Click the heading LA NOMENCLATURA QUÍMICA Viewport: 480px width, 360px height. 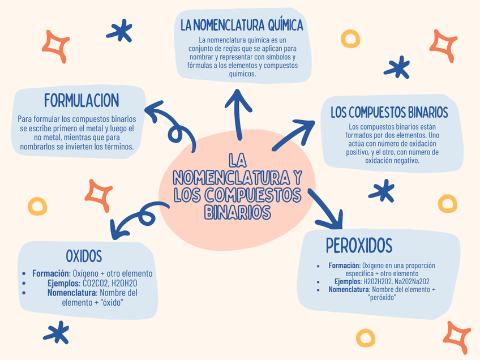click(242, 25)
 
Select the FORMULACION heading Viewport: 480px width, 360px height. click(82, 101)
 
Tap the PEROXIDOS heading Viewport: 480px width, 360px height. click(359, 246)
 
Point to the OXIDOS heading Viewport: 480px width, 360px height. click(84, 256)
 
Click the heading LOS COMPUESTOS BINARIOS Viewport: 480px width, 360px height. click(389, 112)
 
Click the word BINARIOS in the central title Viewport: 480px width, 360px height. click(237, 212)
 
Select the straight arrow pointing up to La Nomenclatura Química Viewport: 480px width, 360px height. click(238, 113)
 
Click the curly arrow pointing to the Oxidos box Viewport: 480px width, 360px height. click(136, 218)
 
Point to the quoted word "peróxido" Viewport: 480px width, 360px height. click(382, 297)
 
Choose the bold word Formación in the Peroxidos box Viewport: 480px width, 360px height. click(344, 265)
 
